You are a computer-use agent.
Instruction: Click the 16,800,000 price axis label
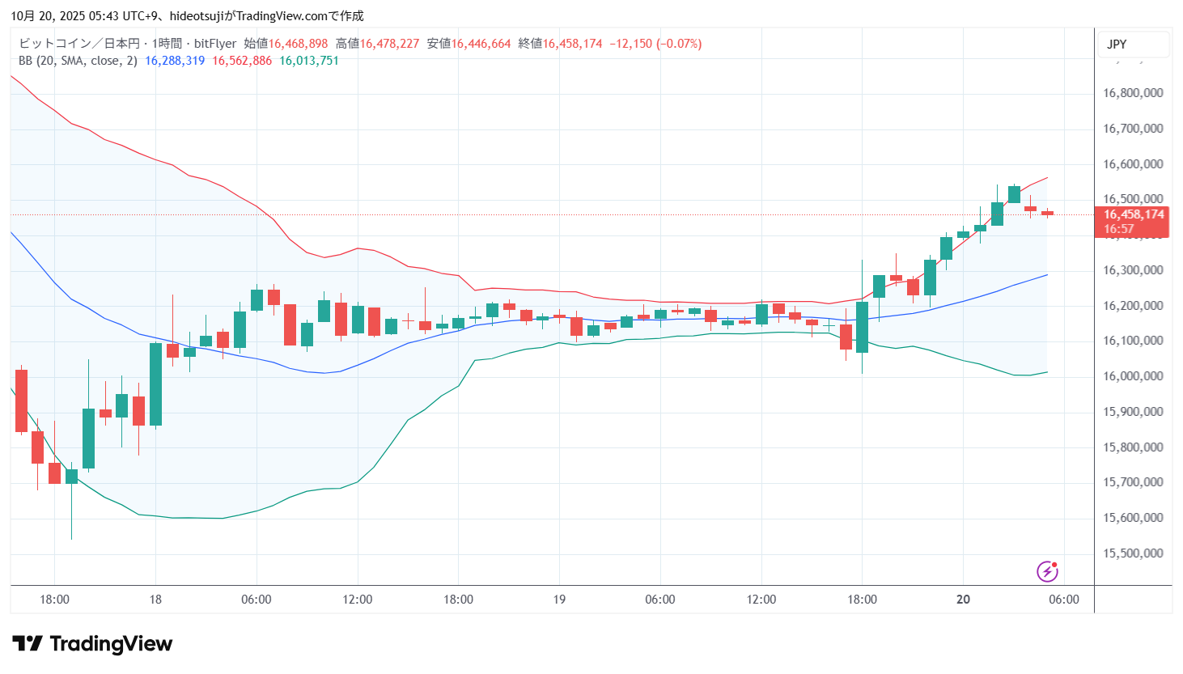coord(1133,93)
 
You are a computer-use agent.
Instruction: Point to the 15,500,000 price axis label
coord(1133,553)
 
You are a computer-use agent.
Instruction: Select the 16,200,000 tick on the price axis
coord(1133,306)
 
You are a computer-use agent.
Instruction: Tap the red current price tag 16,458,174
coord(1133,214)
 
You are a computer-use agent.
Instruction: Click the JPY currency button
coord(1117,45)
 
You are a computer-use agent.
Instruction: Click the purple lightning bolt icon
coord(1047,572)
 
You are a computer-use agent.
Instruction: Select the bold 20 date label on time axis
coord(963,600)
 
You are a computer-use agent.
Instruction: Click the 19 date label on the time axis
coord(559,600)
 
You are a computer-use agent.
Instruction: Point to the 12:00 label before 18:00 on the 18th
coord(358,600)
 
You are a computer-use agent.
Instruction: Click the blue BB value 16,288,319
coord(175,61)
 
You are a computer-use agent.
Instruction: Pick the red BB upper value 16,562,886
coord(242,61)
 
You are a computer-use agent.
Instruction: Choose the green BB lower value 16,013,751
coord(309,61)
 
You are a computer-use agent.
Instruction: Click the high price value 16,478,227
coord(389,44)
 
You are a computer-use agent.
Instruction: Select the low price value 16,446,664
coord(481,44)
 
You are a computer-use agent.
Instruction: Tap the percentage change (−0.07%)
coord(679,44)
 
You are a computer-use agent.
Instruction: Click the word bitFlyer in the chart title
coord(215,44)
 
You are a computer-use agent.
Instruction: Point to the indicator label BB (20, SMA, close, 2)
coord(78,61)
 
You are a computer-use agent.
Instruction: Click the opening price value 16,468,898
coord(298,44)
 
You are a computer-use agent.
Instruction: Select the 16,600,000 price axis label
coord(1133,164)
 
